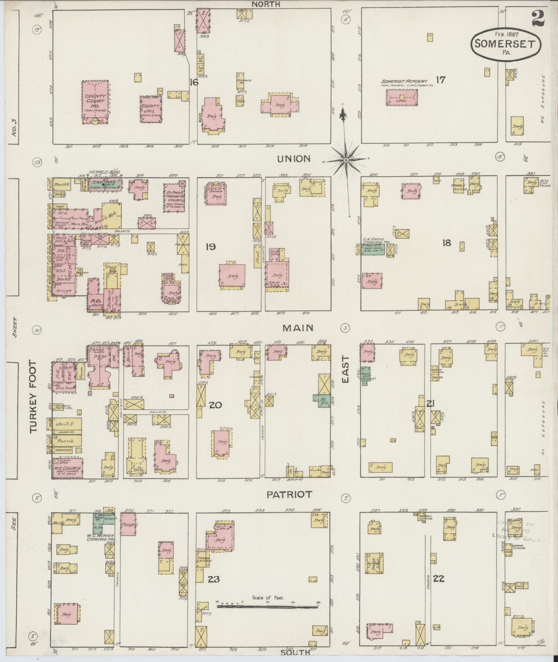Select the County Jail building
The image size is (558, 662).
(x=151, y=109)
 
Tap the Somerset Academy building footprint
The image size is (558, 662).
(x=402, y=97)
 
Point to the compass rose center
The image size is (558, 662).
(x=346, y=160)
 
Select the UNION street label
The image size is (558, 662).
(x=294, y=159)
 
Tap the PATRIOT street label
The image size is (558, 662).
(x=289, y=495)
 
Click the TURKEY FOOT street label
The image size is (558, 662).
(x=33, y=396)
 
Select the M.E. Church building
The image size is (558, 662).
(x=67, y=469)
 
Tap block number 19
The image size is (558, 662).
(x=210, y=247)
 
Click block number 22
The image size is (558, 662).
(x=438, y=579)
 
